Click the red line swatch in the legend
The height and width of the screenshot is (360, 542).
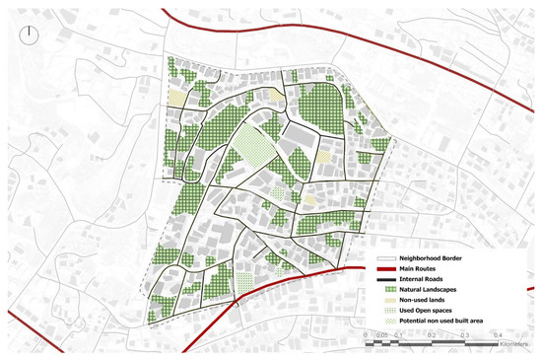pos(386,268)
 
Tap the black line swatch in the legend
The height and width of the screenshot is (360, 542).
pos(386,279)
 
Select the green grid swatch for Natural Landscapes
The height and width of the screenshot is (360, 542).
pos(386,291)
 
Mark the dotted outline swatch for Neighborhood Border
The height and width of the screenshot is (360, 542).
pos(386,257)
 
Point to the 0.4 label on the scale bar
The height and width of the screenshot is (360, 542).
pos(489,335)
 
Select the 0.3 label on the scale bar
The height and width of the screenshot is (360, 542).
pos(458,335)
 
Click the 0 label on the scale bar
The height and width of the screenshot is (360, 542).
pos(366,335)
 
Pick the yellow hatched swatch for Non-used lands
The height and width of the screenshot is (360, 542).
pos(386,302)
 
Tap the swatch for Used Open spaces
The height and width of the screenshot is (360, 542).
pos(386,313)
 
